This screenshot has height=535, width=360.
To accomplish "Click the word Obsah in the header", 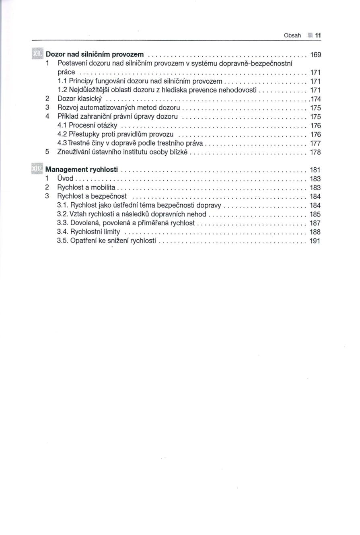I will tap(292, 35).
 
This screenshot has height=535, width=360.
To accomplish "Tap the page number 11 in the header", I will tap(318, 35).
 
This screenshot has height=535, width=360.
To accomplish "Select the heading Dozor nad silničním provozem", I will tap(95, 54).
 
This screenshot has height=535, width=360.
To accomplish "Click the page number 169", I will tap(315, 55).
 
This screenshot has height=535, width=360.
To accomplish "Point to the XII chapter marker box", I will tap(37, 54).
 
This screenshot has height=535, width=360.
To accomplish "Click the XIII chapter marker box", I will tap(37, 169).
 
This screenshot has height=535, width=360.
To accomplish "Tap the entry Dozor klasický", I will tap(80, 99).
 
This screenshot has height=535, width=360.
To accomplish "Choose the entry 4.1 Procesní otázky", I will tap(87, 126).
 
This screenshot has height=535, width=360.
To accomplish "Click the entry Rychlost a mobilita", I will tap(86, 187).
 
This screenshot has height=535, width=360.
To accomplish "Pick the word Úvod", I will tap(66, 178).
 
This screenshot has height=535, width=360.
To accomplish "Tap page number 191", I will tap(315, 241).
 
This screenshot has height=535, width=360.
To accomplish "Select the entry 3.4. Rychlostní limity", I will tap(89, 232).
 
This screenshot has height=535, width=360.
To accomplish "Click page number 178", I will tap(316, 152).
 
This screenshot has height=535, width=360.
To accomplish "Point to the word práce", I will tap(66, 72).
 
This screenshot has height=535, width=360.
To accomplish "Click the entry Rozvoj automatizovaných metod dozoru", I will tap(119, 108).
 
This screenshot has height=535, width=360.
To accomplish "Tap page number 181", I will tap(315, 170).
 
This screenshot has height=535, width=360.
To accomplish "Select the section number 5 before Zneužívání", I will tap(47, 152).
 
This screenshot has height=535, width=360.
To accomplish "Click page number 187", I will tap(315, 223).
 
